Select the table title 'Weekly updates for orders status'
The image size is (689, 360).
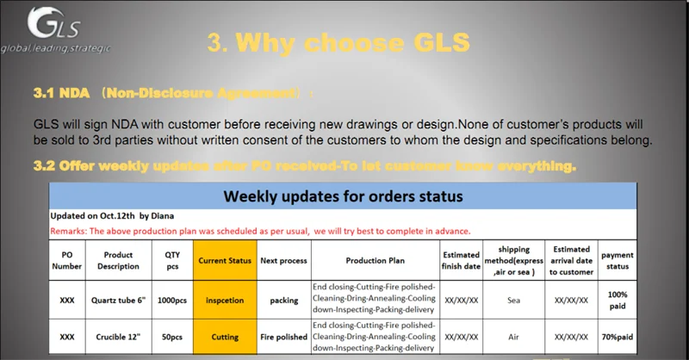coord(343,196)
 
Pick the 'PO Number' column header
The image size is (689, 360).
coord(67,260)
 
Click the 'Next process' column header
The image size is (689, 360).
coord(284,260)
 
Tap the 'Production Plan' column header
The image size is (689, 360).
coord(375,260)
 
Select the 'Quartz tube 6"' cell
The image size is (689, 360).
coord(118,301)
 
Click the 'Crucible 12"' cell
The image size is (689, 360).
coord(118,337)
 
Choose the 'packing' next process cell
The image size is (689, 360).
coord(284,301)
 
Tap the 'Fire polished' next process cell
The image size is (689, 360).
coord(284,337)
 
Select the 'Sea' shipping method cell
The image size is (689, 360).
coord(513,301)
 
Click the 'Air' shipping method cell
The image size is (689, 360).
coord(513,337)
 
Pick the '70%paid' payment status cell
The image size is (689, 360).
coord(617,337)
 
